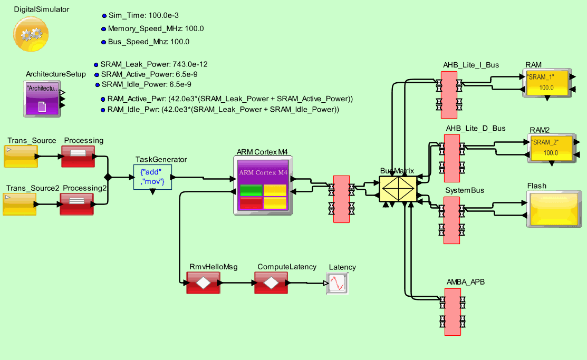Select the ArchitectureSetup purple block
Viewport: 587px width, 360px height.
tap(43, 99)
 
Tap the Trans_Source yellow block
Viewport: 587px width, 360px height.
tap(21, 156)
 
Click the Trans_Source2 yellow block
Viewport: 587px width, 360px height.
tap(20, 204)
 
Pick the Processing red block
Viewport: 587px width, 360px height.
tap(78, 156)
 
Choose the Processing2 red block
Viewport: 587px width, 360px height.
tap(76, 204)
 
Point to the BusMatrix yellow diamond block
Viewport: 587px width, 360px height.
tap(398, 189)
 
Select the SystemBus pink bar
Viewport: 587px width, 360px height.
tap(451, 220)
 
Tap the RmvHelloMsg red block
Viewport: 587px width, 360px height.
tap(203, 283)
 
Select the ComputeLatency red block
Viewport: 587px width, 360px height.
tap(271, 283)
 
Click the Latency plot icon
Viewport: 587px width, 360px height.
tap(336, 284)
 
